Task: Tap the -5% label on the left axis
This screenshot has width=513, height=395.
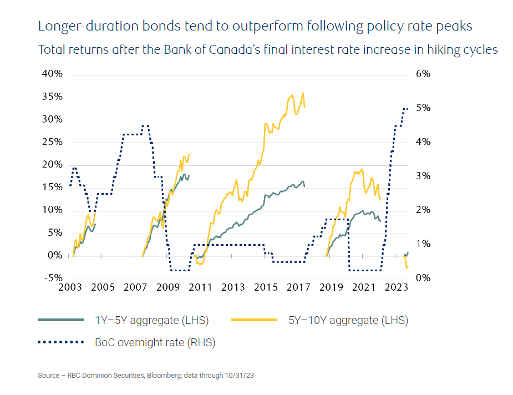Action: (52, 278)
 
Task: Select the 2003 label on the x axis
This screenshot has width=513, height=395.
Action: (70, 288)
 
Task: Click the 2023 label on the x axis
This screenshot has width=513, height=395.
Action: (397, 288)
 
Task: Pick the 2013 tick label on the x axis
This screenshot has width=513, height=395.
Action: (233, 288)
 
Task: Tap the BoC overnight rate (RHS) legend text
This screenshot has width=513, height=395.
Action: (155, 342)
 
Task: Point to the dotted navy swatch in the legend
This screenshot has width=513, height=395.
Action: (60, 342)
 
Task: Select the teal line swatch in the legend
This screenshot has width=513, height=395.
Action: (60, 320)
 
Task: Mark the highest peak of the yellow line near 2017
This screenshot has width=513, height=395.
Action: (303, 93)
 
